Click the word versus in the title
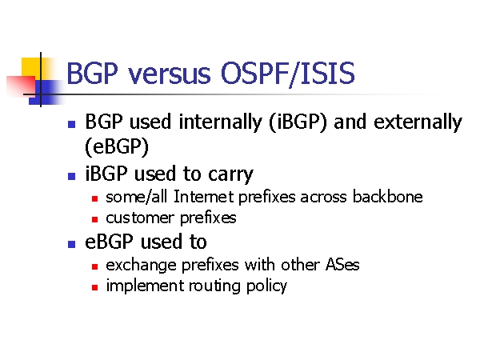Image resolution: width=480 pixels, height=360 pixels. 170,74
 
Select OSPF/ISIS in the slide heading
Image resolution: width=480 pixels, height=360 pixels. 287,74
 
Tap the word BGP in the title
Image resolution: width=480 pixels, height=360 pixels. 92,73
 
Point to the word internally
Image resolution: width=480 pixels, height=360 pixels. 221,122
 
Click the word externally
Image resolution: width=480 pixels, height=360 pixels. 418,122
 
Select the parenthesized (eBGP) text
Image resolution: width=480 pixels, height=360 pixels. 117,146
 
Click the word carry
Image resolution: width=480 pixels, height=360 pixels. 230,174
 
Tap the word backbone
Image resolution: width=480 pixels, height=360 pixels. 387,196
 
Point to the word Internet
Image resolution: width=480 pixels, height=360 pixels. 204,196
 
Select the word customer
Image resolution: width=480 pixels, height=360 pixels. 140,218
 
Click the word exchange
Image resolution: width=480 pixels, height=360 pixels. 141,265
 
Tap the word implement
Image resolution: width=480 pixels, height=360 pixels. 145,286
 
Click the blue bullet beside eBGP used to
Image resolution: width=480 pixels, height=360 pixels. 72,244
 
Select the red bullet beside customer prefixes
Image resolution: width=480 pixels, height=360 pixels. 95,219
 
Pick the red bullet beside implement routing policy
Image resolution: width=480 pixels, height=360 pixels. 95,287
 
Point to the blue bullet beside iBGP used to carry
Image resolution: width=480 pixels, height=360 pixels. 72,176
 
